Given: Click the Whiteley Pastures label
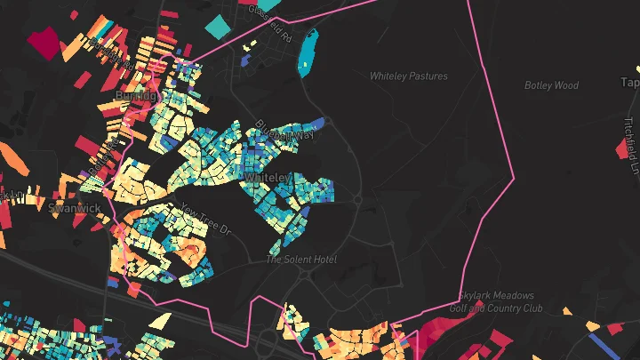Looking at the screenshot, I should [x=409, y=76].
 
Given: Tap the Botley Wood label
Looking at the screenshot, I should [x=551, y=86].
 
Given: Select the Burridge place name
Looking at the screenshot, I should [x=136, y=95].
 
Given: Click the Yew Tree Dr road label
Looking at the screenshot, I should [x=204, y=220].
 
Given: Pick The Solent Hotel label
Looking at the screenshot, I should [x=302, y=260].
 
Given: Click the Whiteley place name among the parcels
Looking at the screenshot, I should [x=268, y=178].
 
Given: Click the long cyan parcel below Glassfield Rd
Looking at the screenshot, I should [x=308, y=53].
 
